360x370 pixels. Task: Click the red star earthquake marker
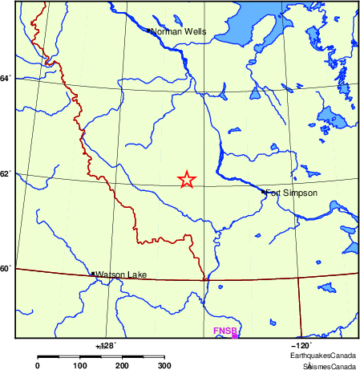coord(187,180)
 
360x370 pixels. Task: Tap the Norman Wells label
coord(179,32)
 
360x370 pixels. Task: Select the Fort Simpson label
coord(293,193)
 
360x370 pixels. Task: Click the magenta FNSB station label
coord(221,331)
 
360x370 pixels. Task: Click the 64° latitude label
coord(6,78)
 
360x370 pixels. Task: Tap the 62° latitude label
coord(6,173)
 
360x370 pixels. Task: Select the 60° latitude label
coord(6,268)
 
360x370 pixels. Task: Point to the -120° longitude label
coord(310,344)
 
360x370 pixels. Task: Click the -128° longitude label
coord(106,344)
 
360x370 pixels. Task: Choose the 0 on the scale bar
coord(38,366)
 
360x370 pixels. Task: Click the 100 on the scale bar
coord(80,366)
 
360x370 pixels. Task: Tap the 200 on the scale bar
coord(123,366)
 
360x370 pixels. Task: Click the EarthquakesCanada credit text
coord(323,354)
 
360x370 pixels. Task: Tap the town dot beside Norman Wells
coord(149,31)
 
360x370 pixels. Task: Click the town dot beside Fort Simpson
coord(264,192)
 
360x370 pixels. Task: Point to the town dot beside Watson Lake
coord(93,274)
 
